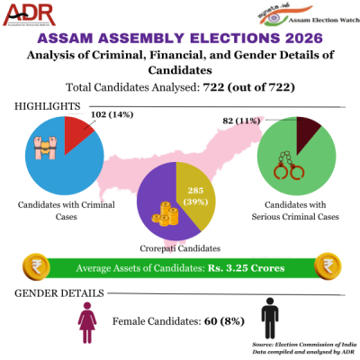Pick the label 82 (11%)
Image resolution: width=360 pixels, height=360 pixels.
[240, 120]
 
